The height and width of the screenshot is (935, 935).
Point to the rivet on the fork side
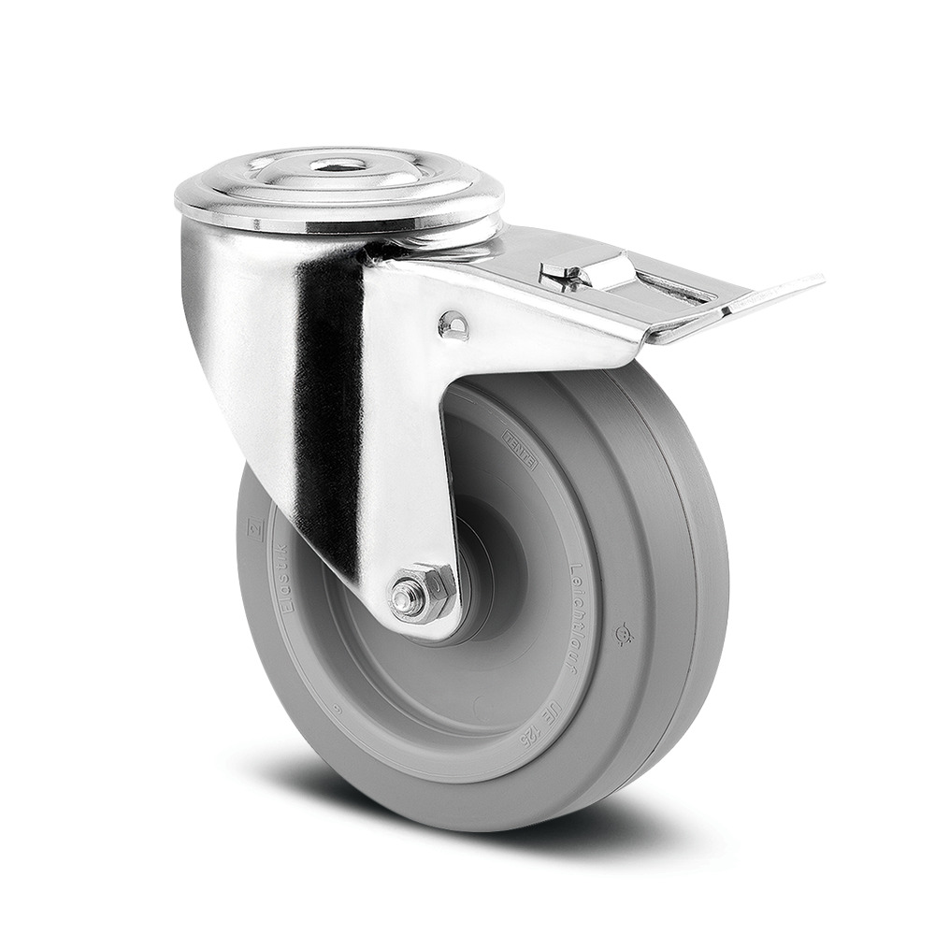(x=453, y=324)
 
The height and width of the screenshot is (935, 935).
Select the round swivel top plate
(x=338, y=187)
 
